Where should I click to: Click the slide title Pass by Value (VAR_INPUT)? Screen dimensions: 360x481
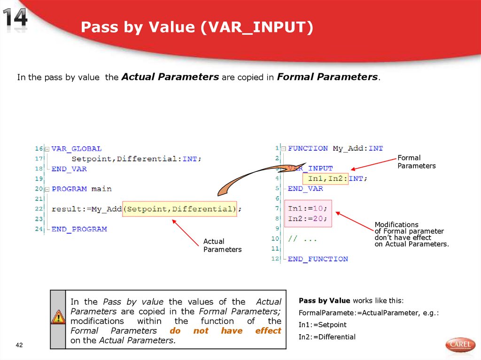[x=196, y=28]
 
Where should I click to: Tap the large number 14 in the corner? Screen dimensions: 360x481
[x=16, y=20]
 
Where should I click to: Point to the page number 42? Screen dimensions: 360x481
[x=19, y=345]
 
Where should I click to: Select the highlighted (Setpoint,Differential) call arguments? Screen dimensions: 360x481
[x=180, y=209]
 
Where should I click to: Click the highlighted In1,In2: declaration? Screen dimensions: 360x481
[x=328, y=178]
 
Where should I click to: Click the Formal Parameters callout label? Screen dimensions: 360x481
[x=416, y=162]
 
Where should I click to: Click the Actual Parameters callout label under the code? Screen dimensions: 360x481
[x=222, y=245]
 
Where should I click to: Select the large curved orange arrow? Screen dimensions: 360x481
[x=249, y=178]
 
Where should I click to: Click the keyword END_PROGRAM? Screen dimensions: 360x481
[x=79, y=229]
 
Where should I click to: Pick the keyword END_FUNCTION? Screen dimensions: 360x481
[x=318, y=259]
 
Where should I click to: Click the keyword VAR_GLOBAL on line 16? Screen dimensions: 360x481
[x=77, y=148]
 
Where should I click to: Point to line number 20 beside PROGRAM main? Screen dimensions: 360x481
[x=39, y=189]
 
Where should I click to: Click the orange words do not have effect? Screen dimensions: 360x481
[x=225, y=331]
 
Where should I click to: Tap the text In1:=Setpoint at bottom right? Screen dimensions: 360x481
[x=322, y=325]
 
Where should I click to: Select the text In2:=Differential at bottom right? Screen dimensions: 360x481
[x=327, y=337]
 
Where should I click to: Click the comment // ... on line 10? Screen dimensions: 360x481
[x=303, y=239]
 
